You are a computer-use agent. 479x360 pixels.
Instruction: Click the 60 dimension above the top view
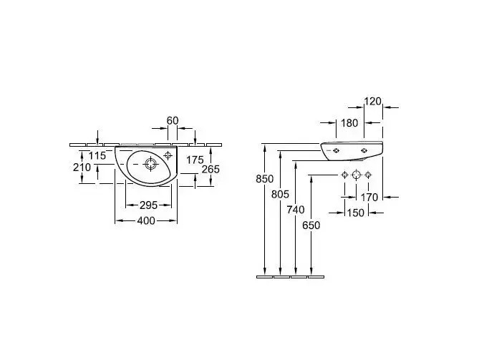(173, 120)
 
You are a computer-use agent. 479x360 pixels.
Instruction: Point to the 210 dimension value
(82, 168)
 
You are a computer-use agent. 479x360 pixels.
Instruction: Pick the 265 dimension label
(210, 169)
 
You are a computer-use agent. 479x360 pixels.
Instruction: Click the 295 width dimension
(147, 205)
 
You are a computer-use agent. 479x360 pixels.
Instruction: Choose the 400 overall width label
(146, 220)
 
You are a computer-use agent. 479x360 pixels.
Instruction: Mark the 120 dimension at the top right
(373, 102)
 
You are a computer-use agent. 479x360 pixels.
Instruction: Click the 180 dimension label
(349, 123)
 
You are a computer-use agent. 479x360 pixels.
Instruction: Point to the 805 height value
(281, 193)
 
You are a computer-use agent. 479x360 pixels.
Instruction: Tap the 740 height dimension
(296, 209)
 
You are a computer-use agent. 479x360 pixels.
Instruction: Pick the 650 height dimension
(311, 225)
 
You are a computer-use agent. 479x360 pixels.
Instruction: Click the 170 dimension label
(370, 198)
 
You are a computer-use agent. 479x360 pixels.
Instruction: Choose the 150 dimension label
(356, 213)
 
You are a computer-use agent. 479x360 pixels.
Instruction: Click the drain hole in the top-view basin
(150, 164)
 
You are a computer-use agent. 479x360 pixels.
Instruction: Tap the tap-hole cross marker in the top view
(168, 154)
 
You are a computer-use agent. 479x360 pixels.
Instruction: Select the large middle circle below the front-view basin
(356, 175)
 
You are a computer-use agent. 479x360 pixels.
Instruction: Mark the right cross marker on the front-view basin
(365, 150)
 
